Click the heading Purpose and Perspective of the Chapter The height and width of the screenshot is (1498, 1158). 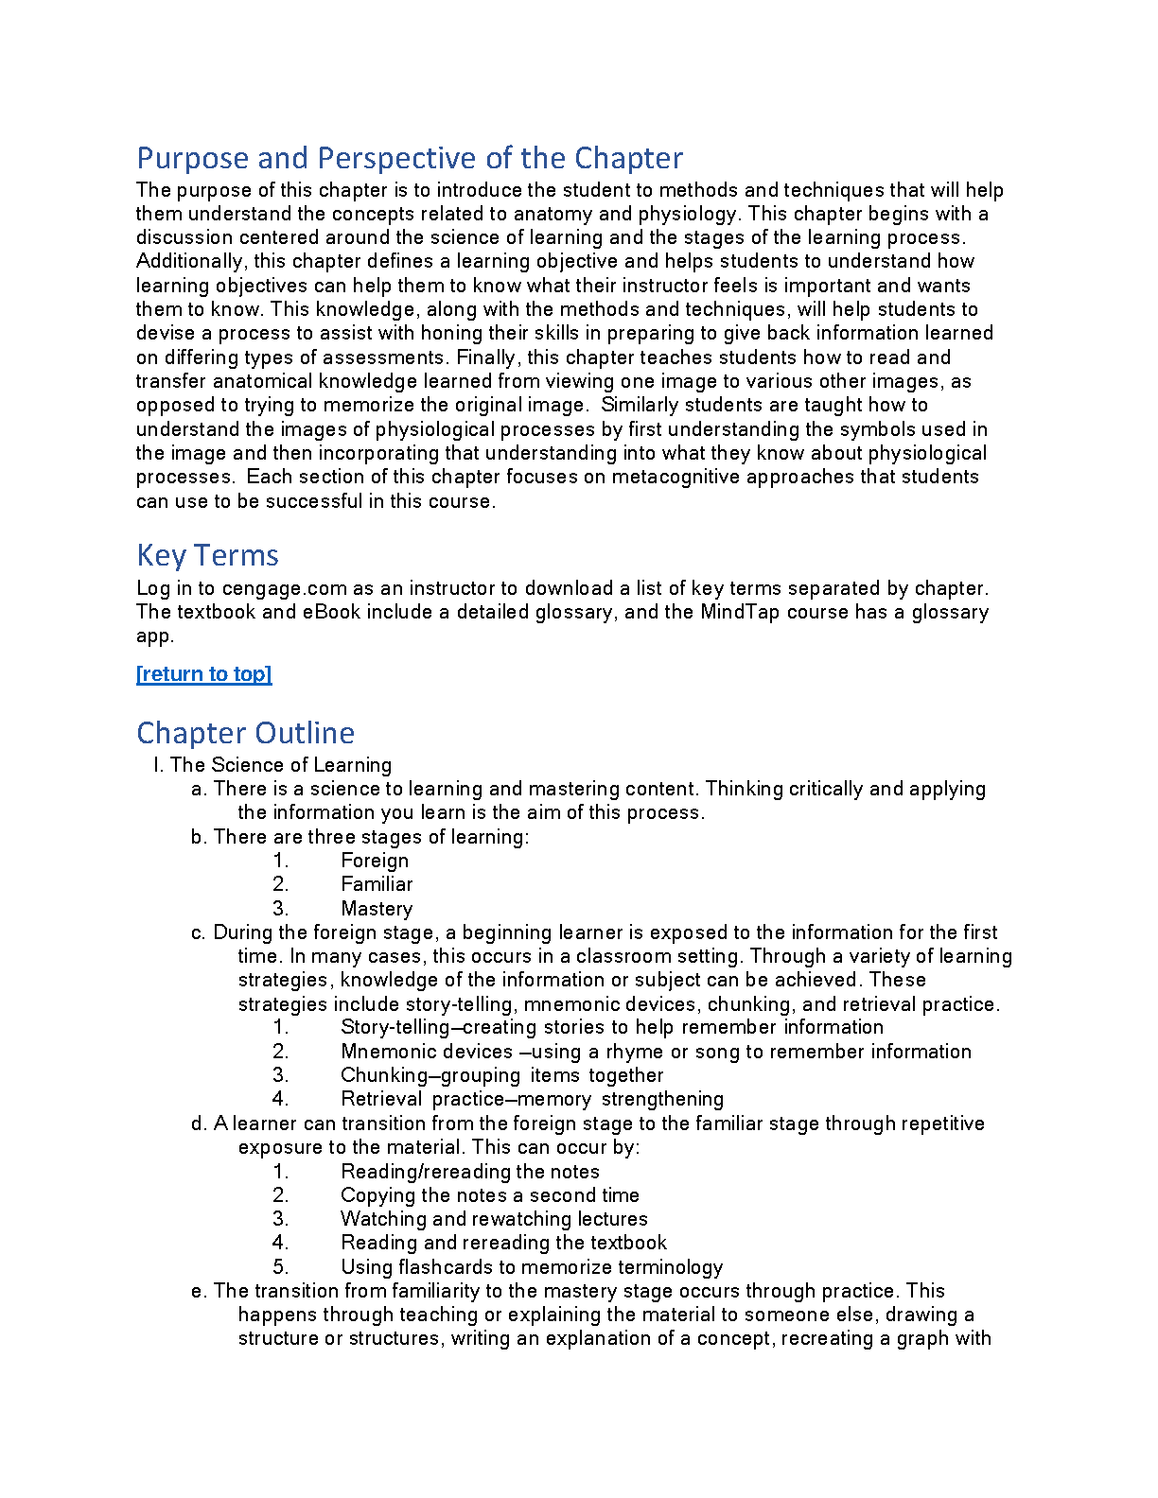point(410,158)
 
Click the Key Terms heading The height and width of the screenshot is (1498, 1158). point(207,555)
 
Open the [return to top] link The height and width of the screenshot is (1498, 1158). point(203,673)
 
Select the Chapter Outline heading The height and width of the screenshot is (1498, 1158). point(245,733)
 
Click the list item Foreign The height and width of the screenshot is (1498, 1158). point(375,861)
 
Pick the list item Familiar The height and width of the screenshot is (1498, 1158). point(377,884)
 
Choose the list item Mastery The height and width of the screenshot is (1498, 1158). point(377,909)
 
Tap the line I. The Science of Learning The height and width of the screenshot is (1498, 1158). point(272,765)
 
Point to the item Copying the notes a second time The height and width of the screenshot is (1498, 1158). point(490,1195)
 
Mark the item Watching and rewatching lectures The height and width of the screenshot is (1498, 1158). point(494,1219)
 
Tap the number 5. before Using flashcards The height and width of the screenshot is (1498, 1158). point(280,1267)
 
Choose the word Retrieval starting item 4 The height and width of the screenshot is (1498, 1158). point(381,1099)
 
